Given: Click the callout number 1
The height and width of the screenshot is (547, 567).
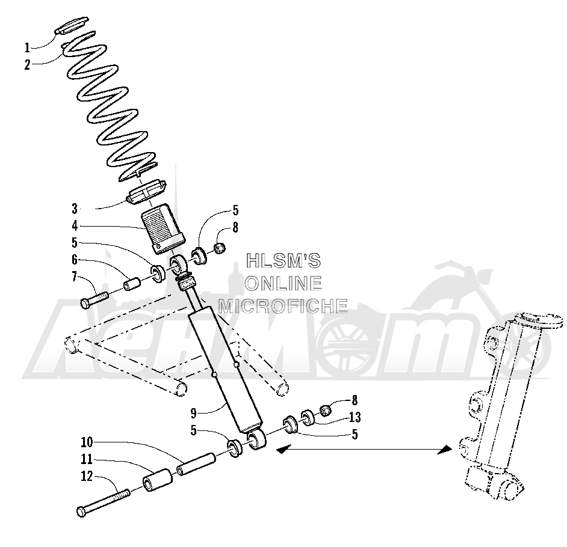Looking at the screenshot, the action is pos(27,47).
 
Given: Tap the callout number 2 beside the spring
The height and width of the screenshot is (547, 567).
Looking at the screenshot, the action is pos(28,65).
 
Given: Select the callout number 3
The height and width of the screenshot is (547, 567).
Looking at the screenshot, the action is pos(75,209).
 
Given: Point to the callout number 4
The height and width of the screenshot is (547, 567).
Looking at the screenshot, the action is pos(75,226).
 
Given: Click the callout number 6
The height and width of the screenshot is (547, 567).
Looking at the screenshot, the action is pos(75,260).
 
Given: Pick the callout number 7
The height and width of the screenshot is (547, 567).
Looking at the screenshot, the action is pos(75,277).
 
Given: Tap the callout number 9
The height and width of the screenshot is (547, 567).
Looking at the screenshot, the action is pos(193,412).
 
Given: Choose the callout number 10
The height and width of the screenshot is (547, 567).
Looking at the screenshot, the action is pos(87,442).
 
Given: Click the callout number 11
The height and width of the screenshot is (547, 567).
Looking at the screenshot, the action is pos(87,459).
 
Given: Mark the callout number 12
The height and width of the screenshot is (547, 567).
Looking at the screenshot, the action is pos(87,476).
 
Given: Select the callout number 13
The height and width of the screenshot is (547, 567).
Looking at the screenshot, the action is pos(355,417).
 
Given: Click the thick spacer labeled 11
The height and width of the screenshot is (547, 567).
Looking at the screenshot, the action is pos(158,480).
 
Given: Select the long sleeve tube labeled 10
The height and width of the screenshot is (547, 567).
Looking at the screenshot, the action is pos(196,464).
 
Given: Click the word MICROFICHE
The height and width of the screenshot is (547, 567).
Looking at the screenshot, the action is pos(283,305).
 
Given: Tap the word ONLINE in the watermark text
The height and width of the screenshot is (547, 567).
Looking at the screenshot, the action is pos(283,283).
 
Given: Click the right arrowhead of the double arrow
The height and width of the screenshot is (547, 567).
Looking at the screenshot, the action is pos(445,450).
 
